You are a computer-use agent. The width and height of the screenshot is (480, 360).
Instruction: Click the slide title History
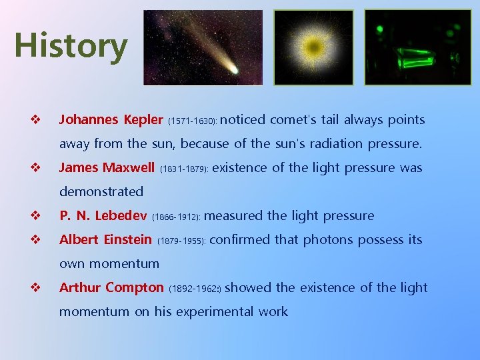[x=71, y=46]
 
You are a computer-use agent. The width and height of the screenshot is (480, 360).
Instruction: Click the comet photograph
[x=203, y=47]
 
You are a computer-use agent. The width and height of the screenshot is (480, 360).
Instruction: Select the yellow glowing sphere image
[x=313, y=47]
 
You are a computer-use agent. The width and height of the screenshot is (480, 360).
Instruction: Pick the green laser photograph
[x=417, y=47]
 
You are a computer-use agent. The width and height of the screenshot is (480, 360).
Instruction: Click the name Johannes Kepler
[x=111, y=120]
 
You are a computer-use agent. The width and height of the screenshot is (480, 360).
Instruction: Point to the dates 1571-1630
[x=192, y=121]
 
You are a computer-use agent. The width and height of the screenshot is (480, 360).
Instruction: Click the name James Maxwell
[x=107, y=168]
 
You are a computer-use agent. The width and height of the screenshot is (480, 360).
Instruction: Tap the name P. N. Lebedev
[x=103, y=216]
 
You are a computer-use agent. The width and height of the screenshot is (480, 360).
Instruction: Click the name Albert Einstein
[x=105, y=240]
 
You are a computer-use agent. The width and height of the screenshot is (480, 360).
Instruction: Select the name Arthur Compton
[x=111, y=288]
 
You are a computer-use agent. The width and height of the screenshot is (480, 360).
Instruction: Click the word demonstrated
[x=101, y=192]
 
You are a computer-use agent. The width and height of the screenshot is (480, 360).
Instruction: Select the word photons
[x=327, y=240]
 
